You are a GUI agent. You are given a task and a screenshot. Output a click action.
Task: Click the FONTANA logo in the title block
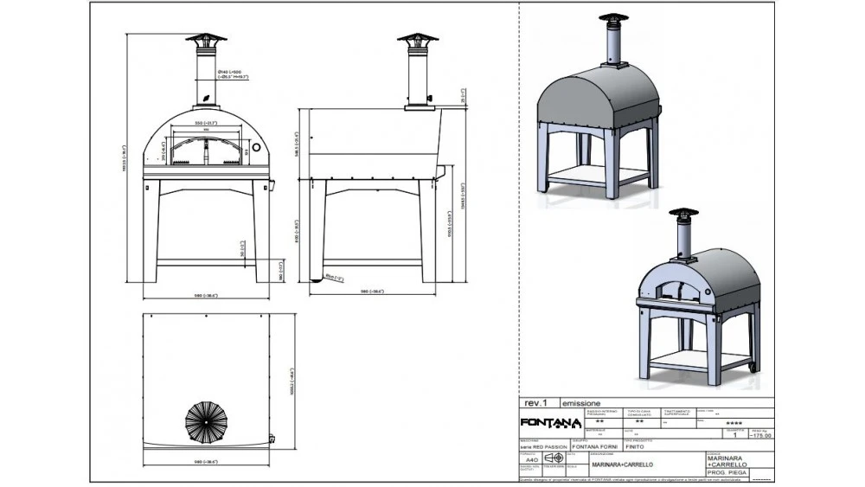[x=551, y=422]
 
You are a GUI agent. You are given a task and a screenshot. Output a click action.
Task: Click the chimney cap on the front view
[x=205, y=40]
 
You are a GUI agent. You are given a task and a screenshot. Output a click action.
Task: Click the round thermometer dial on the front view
[x=256, y=151]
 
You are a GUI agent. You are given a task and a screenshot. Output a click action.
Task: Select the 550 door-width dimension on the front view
[x=205, y=124]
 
